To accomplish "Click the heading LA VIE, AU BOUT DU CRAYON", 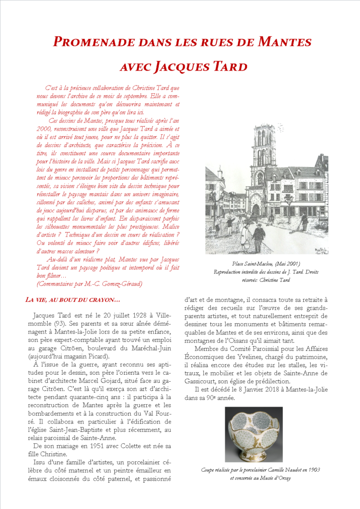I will [73, 299].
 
